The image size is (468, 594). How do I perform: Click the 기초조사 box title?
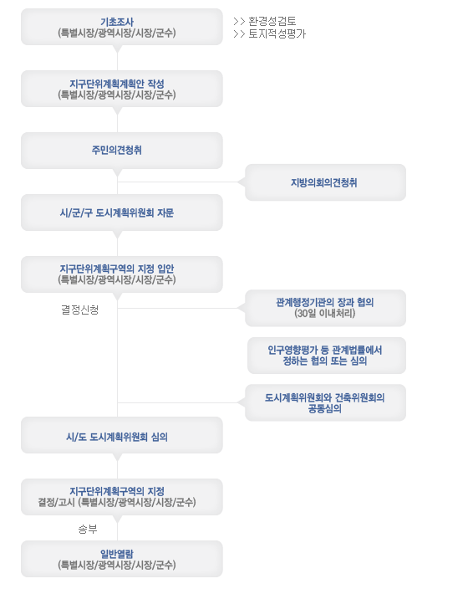[x=117, y=22]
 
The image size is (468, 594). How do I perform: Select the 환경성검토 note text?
[x=272, y=21]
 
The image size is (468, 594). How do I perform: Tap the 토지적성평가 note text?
[x=277, y=34]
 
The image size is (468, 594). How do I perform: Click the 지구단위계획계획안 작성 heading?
[x=117, y=84]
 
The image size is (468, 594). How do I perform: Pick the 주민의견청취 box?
[x=122, y=151]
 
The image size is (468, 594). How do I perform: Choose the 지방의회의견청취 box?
[x=325, y=182]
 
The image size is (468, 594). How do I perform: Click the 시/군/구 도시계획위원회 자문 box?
[x=122, y=213]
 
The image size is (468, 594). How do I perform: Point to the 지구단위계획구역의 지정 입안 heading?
[x=117, y=269]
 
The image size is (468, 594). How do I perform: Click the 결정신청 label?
[x=80, y=310]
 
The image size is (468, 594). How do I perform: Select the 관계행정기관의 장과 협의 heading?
[x=325, y=302]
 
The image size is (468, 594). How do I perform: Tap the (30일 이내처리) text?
[x=325, y=313]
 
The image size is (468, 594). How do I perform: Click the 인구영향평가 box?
[x=327, y=356]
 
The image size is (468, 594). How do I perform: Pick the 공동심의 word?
[x=325, y=409]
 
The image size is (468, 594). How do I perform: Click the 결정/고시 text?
[x=57, y=502]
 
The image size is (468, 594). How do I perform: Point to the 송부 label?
[x=88, y=529]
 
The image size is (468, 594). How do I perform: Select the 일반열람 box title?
[x=117, y=554]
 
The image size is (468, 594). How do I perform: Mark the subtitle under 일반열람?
[x=117, y=565]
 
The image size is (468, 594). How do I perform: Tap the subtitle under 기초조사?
[x=117, y=33]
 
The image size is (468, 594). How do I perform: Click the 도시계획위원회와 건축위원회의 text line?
[x=325, y=397]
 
